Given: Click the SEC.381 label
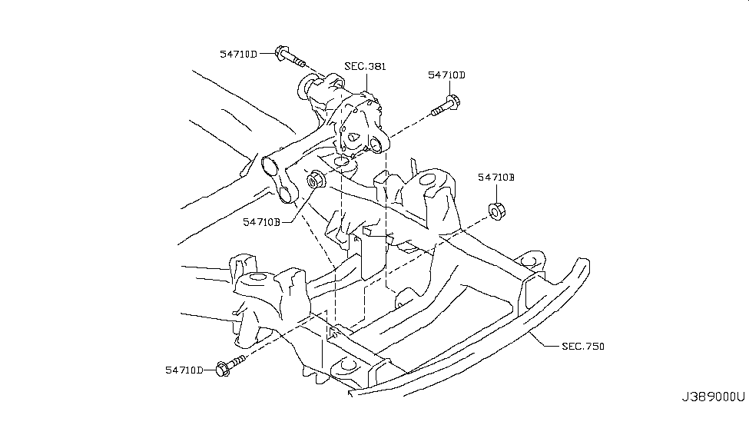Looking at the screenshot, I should coord(365,67).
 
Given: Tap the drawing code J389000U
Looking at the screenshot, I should coord(713,397).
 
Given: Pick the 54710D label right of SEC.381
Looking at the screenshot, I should coord(447,75).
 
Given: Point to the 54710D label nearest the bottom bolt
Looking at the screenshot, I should coord(184,370).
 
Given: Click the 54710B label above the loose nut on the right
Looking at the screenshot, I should coord(495,177).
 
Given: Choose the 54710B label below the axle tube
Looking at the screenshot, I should coord(262,222).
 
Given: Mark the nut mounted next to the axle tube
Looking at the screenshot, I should coord(316,181).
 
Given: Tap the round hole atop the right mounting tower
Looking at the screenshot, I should coord(427,182).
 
